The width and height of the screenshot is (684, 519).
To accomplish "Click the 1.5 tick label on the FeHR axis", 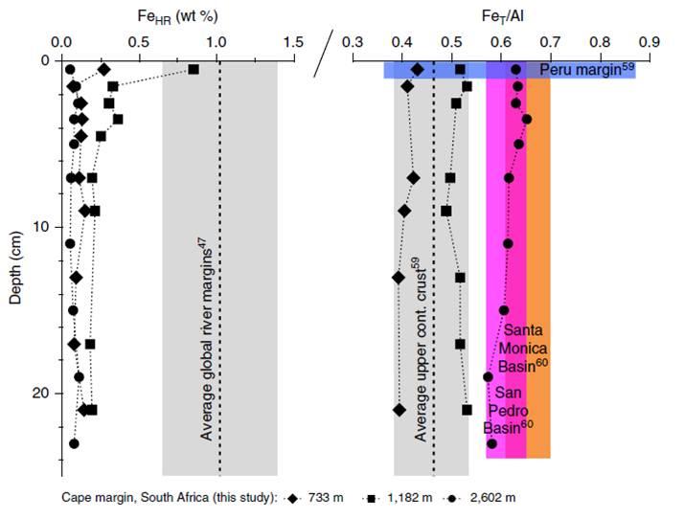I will pos(293,42).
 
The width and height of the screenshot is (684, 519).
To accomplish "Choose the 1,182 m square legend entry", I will pos(400,498).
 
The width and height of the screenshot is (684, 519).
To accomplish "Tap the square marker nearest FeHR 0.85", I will pos(194,70).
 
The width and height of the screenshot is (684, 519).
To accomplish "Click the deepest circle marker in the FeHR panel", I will pos(74,443).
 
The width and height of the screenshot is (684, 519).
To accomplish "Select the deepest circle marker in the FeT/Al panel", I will pos(492,443).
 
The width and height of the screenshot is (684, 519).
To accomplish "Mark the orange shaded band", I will pos(538,287).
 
